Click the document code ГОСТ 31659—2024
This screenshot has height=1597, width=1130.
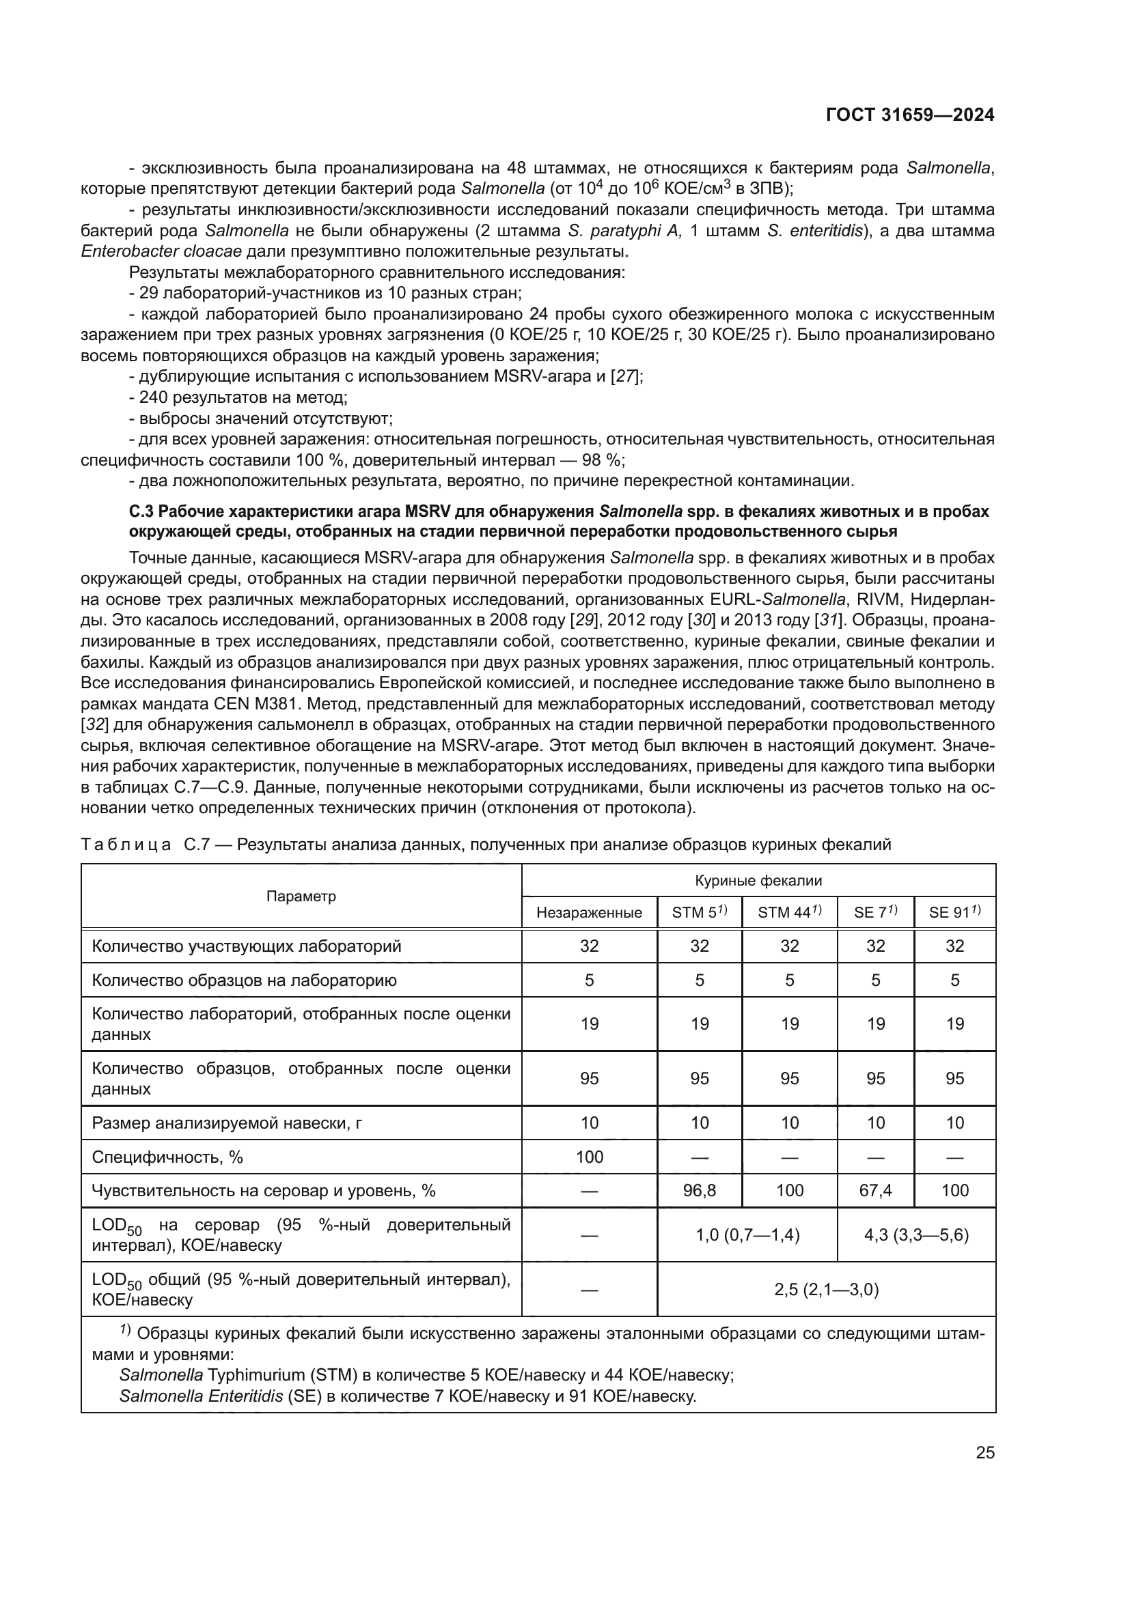pyautogui.click(x=909, y=115)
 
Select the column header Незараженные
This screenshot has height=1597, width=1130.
pyautogui.click(x=589, y=913)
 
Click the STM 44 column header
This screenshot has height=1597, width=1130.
pyautogui.click(x=789, y=912)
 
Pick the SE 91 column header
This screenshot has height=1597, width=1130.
pyautogui.click(x=954, y=912)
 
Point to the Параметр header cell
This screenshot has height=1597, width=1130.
pyautogui.click(x=301, y=896)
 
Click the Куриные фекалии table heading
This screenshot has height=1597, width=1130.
pyautogui.click(x=758, y=881)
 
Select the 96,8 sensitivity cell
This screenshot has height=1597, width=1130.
pyautogui.click(x=700, y=1190)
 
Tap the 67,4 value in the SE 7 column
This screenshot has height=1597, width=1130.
pyautogui.click(x=875, y=1190)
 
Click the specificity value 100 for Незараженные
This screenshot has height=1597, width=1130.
pyautogui.click(x=589, y=1157)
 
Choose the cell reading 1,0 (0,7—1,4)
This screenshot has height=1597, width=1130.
pyautogui.click(x=747, y=1234)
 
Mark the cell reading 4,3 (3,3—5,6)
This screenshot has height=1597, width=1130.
pyautogui.click(x=915, y=1234)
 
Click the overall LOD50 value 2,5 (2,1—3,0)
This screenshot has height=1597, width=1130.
pyautogui.click(x=826, y=1290)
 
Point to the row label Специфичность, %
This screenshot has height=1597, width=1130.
pyautogui.click(x=167, y=1157)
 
